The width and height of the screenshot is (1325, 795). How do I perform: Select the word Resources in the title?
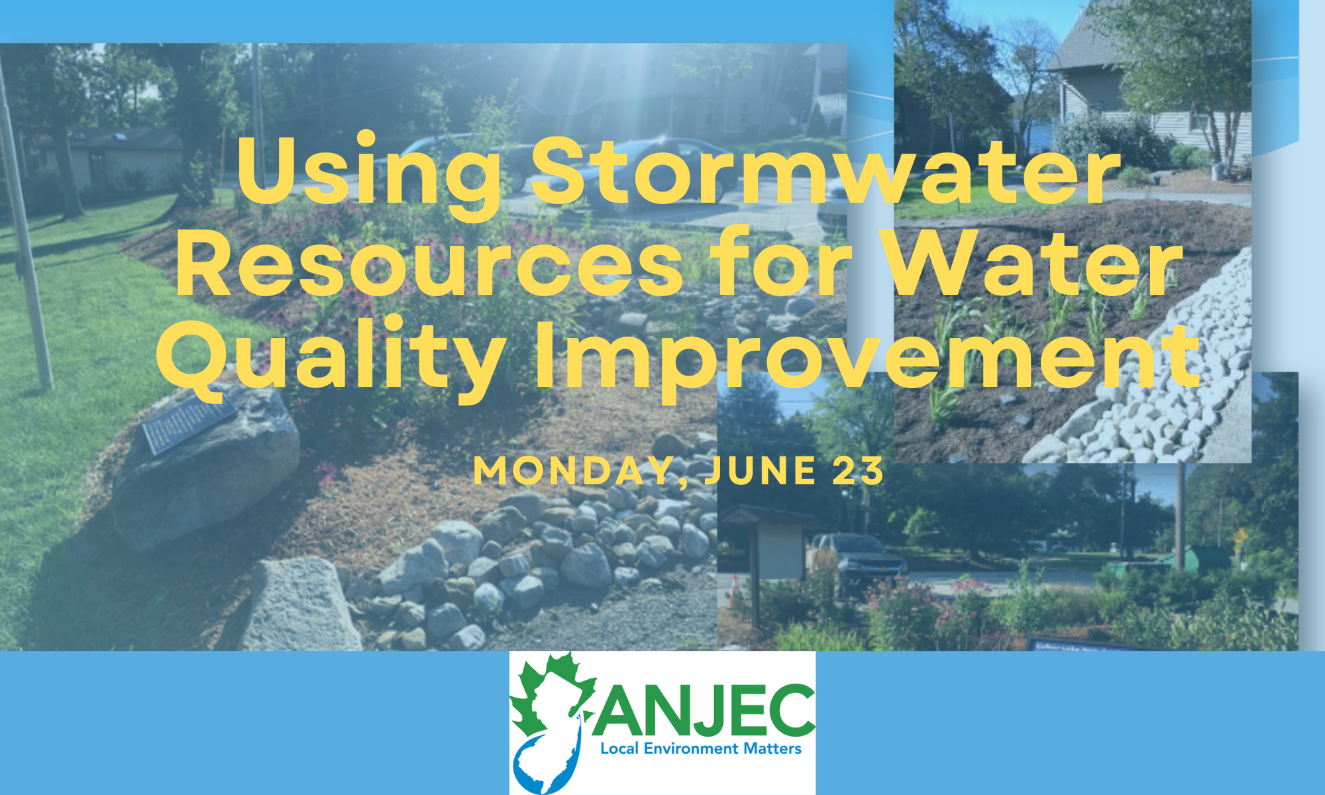[x=429, y=262]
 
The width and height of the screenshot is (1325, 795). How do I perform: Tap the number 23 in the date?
[x=858, y=471]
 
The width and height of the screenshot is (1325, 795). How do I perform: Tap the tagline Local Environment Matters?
[x=701, y=749]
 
